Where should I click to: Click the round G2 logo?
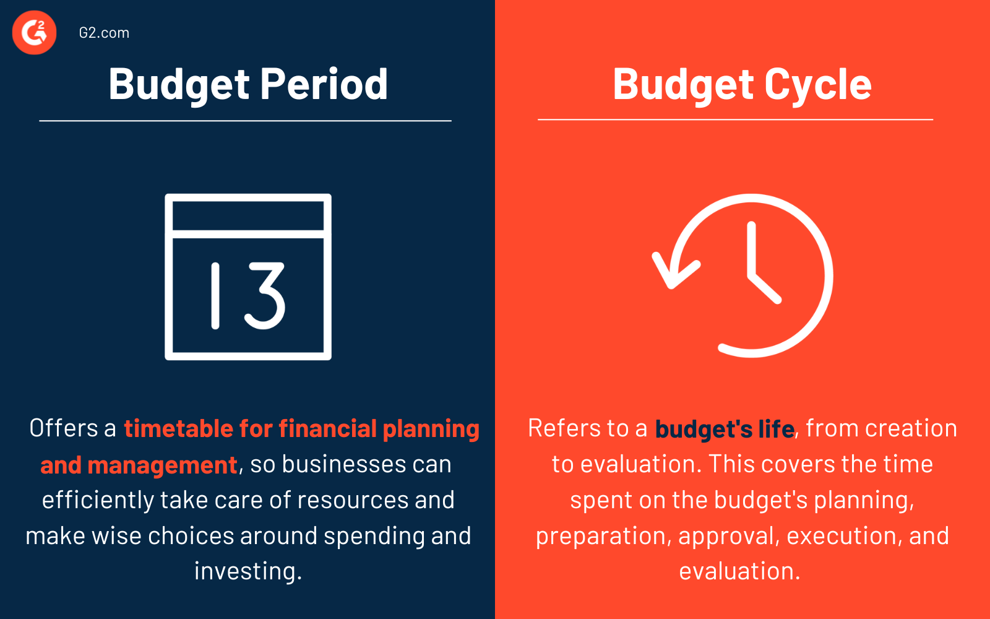click(34, 33)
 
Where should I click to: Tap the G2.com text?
click(104, 33)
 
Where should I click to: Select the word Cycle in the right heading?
click(818, 84)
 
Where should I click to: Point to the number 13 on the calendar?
click(247, 295)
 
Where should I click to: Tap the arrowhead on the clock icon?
click(673, 271)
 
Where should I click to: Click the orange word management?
click(162, 465)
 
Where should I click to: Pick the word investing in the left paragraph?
click(247, 571)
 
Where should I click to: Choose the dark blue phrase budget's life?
click(724, 428)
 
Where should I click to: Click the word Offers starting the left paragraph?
click(64, 428)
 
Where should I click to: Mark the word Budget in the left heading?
click(179, 84)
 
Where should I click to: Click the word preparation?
click(603, 536)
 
